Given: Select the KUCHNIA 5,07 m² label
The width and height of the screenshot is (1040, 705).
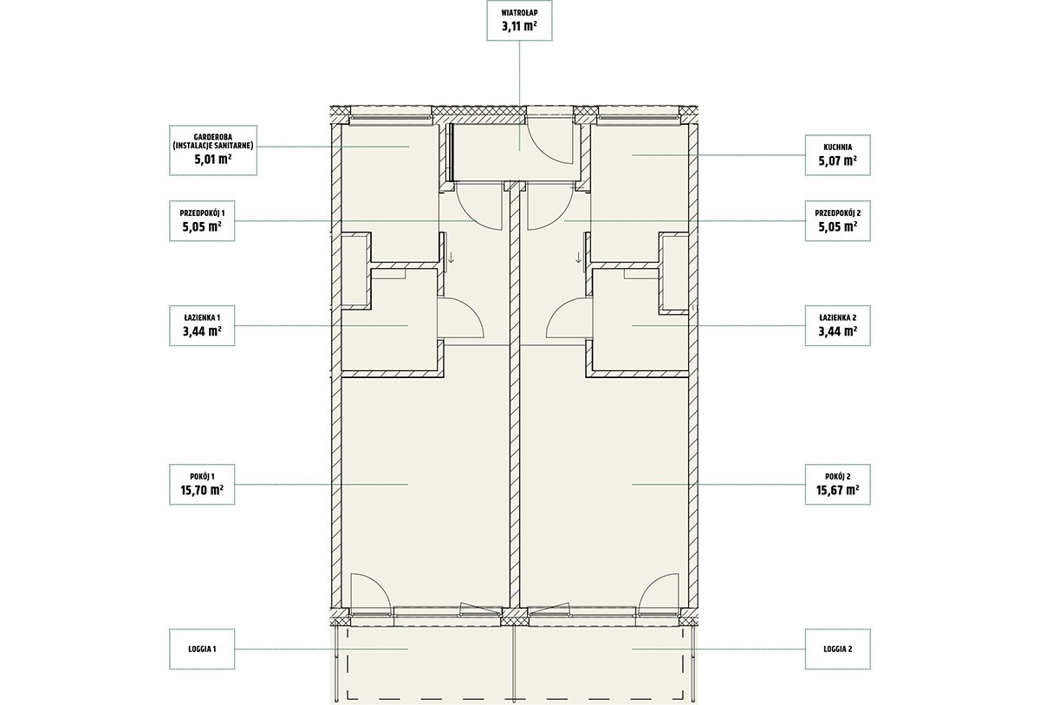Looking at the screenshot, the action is coord(837,155).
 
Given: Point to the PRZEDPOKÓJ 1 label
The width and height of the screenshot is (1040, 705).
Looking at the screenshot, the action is coord(202,221).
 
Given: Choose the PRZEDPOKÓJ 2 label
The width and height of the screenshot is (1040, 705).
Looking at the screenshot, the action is coord(837,221).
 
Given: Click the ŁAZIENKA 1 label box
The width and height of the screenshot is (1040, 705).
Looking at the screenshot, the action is coord(202,325).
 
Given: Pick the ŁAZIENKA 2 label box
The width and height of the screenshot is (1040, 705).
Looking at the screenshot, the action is coord(837,325).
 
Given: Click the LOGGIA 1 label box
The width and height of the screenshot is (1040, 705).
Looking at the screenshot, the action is coord(202,649).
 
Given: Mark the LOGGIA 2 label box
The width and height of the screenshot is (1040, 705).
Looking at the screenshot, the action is coord(837,649).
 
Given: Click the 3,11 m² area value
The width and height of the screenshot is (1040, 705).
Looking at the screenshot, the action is coord(519,26).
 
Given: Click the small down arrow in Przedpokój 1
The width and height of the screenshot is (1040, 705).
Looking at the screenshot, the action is coord(451,258).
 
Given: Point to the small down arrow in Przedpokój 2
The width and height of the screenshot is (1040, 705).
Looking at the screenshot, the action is coord(579,258).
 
